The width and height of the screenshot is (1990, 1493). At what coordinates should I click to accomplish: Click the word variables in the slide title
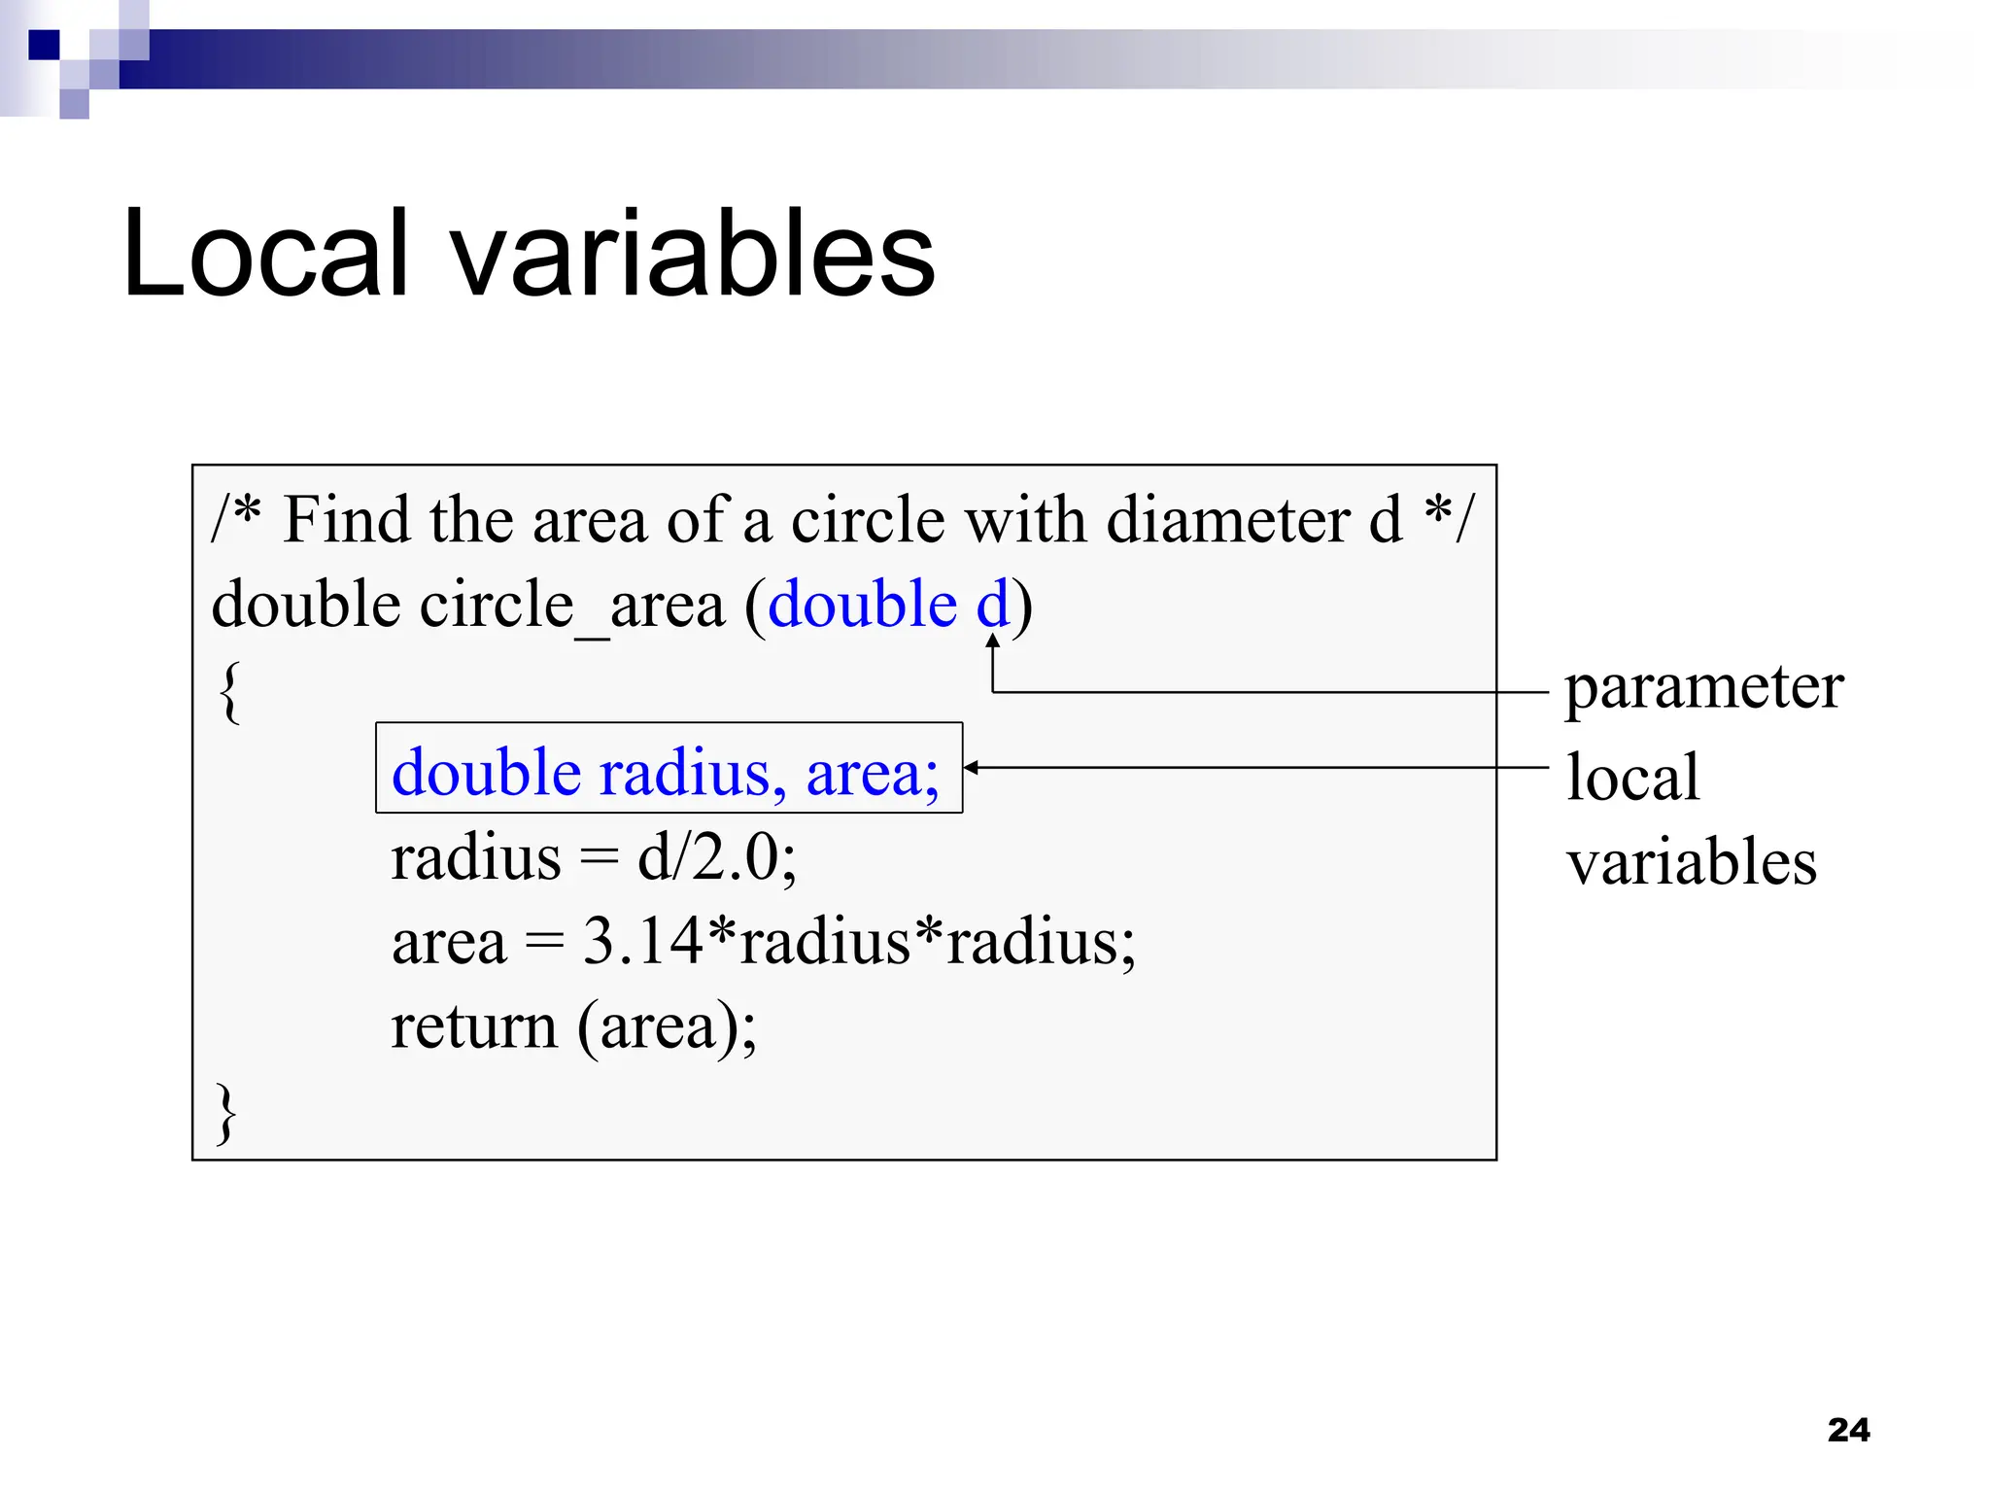pyautogui.click(x=693, y=254)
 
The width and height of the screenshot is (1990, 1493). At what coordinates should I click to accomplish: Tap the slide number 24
pyautogui.click(x=1848, y=1430)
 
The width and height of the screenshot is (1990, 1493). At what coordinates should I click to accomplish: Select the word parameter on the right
pyautogui.click(x=1703, y=688)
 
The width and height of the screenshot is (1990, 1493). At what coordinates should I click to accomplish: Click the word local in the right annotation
pyautogui.click(x=1632, y=777)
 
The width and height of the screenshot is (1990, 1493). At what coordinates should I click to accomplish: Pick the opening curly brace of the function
pyautogui.click(x=229, y=691)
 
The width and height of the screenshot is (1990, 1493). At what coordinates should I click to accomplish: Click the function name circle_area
pyautogui.click(x=572, y=606)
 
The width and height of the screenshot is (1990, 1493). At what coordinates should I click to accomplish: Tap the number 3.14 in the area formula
pyautogui.click(x=642, y=941)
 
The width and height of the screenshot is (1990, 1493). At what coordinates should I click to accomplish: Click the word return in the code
pyautogui.click(x=474, y=1026)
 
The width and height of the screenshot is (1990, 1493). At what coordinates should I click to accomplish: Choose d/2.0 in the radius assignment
pyautogui.click(x=716, y=858)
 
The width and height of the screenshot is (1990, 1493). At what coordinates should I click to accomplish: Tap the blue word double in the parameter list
pyautogui.click(x=862, y=605)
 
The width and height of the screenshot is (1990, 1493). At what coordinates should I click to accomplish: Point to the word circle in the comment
pyautogui.click(x=867, y=520)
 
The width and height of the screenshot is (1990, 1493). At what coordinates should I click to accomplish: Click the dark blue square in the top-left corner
pyautogui.click(x=44, y=45)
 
